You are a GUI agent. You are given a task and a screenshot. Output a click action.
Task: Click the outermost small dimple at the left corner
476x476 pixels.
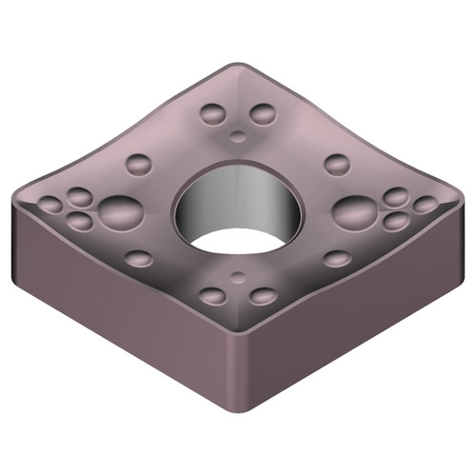tap(50, 204)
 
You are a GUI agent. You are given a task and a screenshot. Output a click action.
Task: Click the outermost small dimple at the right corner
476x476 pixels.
tap(426, 204)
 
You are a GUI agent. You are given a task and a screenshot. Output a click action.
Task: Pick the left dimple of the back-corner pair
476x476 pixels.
tap(213, 114)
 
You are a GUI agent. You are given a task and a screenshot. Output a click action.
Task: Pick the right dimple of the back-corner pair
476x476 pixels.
tap(262, 114)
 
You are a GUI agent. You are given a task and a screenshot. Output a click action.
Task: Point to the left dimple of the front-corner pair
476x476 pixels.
tap(213, 296)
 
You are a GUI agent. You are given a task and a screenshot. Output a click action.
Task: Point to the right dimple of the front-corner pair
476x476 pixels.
tap(263, 296)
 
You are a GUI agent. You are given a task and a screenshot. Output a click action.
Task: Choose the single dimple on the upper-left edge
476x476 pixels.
tap(139, 163)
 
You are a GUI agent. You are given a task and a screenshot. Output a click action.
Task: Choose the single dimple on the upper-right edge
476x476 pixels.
tap(337, 163)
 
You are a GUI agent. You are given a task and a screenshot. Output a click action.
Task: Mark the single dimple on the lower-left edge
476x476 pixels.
tap(139, 258)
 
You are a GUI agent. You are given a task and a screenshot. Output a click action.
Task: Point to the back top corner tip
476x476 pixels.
tap(238, 69)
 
